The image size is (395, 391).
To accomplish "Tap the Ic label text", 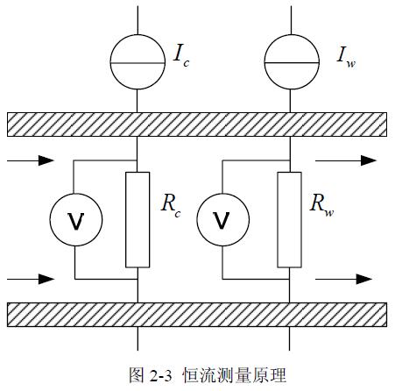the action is click(181, 56).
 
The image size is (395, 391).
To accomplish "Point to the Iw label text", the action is click(346, 57).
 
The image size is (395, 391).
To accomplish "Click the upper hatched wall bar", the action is click(197, 124).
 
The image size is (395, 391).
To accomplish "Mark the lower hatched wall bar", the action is click(197, 315).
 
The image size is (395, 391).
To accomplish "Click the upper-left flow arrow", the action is click(31, 160).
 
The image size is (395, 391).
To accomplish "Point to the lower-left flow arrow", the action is click(31, 279).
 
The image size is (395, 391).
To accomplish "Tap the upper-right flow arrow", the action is click(346, 160).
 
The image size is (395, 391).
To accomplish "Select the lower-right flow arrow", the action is click(344, 279).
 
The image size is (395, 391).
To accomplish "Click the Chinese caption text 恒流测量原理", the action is click(234, 375).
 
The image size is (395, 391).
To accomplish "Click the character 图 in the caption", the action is click(137, 375).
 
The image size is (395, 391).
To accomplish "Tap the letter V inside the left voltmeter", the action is click(76, 221).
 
